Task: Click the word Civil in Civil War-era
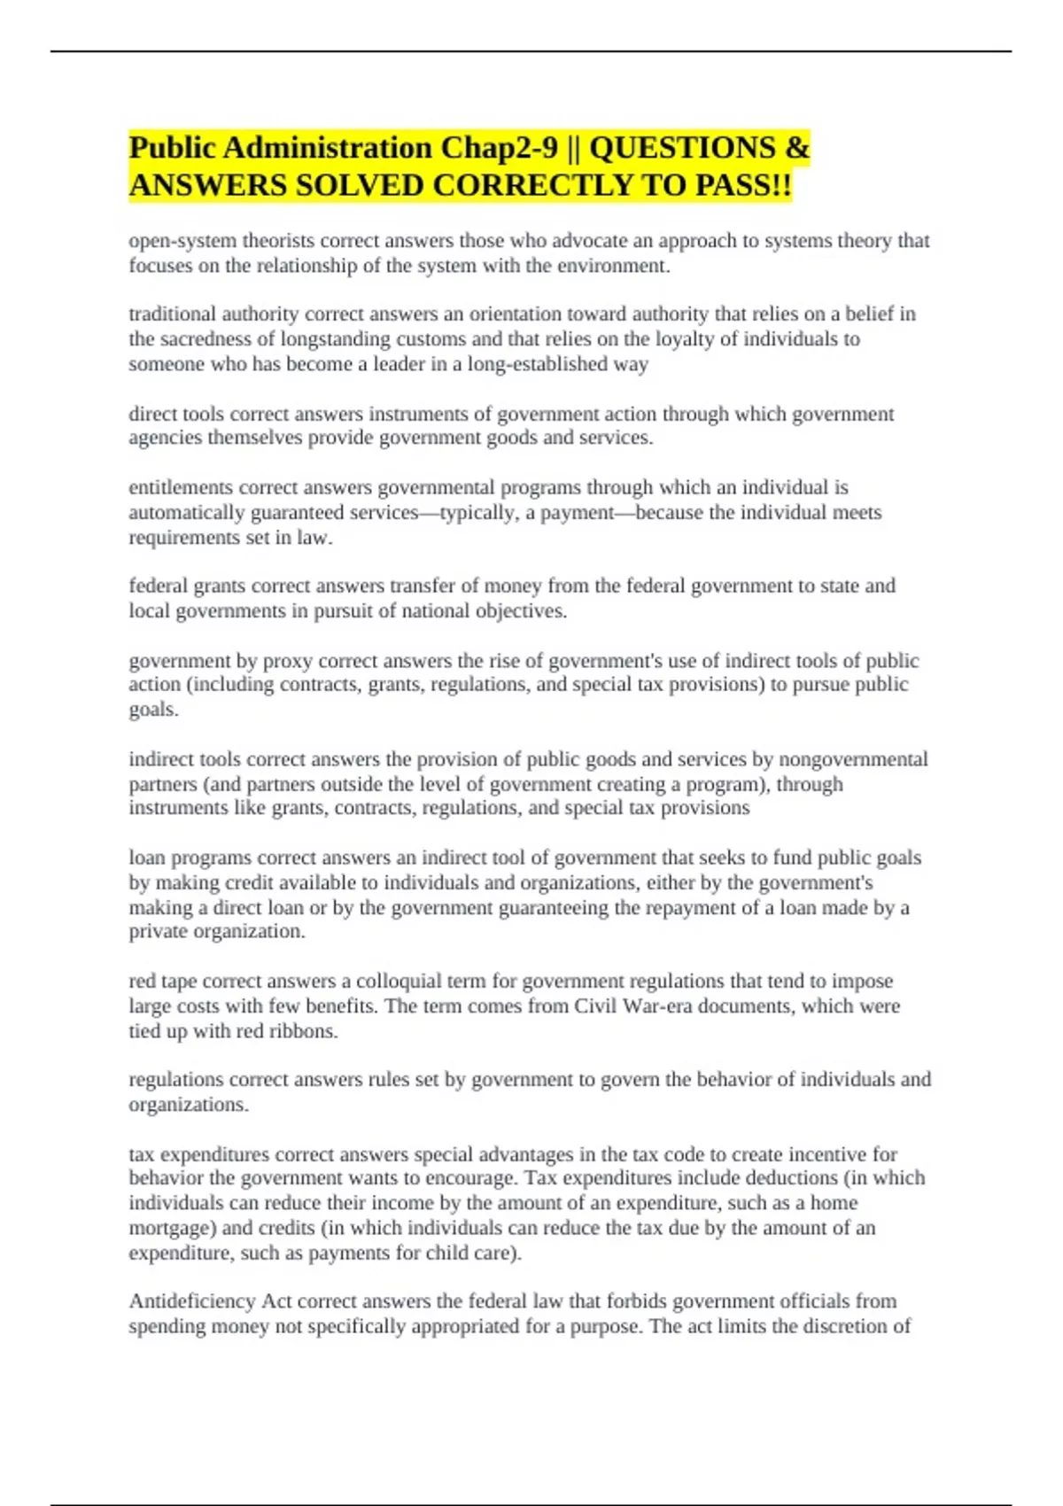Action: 595,1006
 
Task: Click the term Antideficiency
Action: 191,1301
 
